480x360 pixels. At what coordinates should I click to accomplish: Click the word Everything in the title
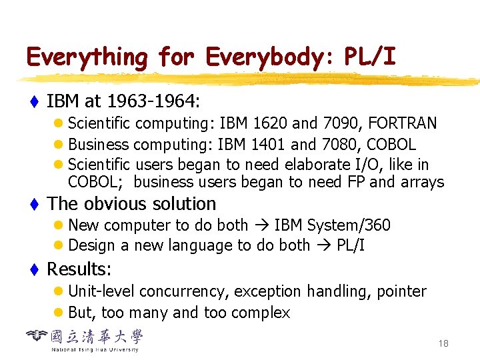pos(87,58)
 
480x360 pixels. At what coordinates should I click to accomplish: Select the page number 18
pos(443,343)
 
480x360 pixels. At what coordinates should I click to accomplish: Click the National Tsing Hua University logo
pos(85,338)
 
